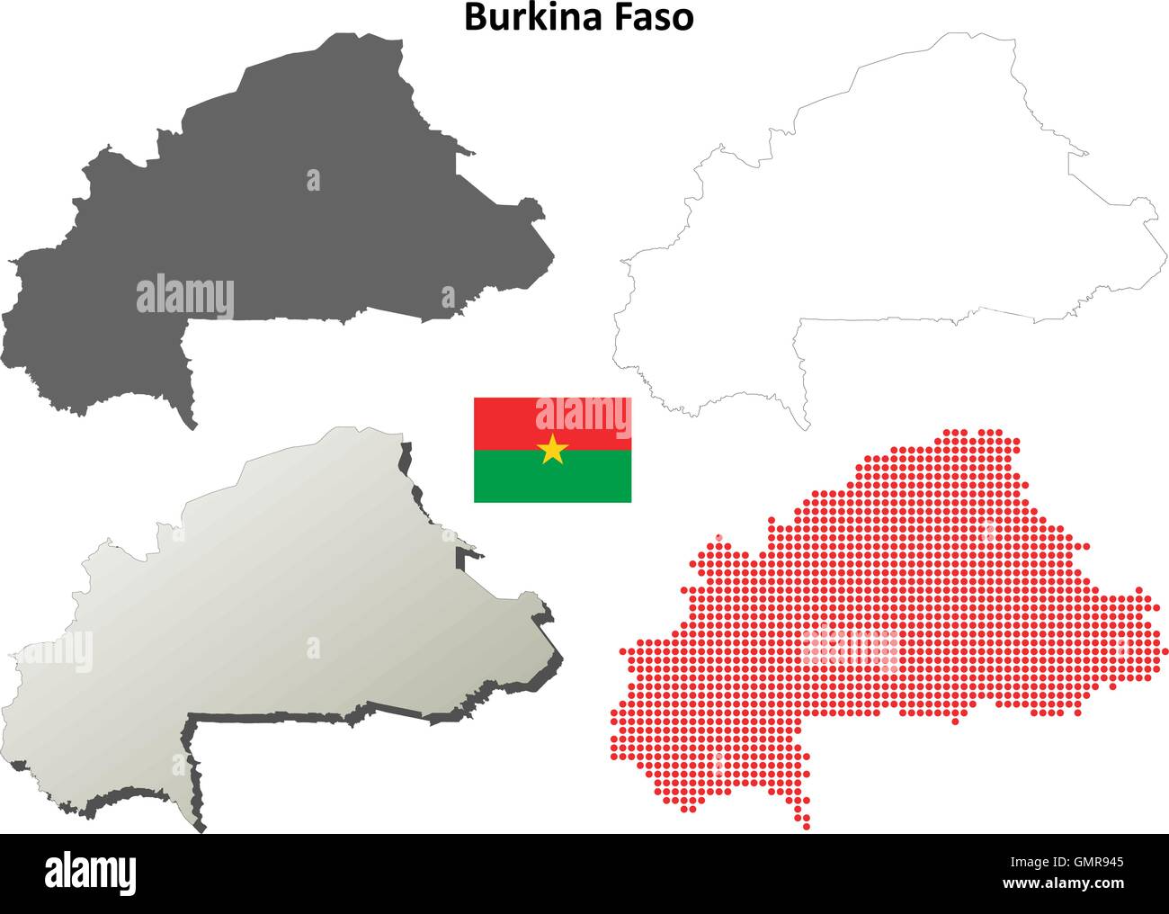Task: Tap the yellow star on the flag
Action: (x=552, y=448)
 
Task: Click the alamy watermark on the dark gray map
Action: (x=185, y=298)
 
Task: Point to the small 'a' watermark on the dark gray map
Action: (x=313, y=181)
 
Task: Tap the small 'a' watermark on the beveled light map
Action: (x=313, y=648)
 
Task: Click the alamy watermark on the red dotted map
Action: (x=851, y=646)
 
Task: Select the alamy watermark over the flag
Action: (x=583, y=415)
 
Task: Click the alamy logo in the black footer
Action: (x=91, y=872)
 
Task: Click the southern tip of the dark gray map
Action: (x=191, y=424)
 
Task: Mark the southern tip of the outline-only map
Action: (x=806, y=426)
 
